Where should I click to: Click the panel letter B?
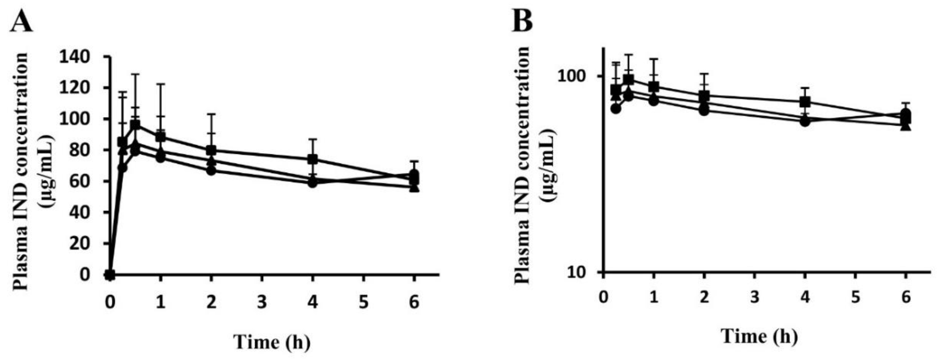point(523,21)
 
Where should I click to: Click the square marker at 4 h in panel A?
point(312,159)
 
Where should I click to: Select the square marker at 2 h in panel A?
point(211,150)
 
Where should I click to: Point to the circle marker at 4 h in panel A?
point(312,183)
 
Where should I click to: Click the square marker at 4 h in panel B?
point(805,102)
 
